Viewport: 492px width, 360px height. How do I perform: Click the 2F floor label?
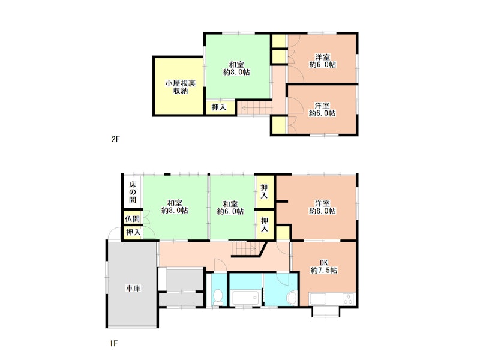tap(115, 139)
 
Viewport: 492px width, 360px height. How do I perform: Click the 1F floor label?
tap(113, 343)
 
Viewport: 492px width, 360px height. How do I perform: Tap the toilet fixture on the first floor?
tap(217, 296)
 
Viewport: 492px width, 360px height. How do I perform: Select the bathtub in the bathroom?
tap(245, 298)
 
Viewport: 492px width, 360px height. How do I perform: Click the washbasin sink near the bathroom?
tap(292, 298)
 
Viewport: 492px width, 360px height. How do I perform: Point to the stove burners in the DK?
tap(348, 299)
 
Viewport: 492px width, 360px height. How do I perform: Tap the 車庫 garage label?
tap(133, 288)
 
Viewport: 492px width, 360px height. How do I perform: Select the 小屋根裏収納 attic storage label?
tap(181, 87)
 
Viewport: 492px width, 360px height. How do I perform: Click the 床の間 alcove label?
tap(133, 191)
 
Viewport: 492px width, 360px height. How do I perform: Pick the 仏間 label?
tap(133, 218)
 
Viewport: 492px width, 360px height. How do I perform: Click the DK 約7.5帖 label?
tap(324, 266)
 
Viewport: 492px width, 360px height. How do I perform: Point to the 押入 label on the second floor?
tap(219, 107)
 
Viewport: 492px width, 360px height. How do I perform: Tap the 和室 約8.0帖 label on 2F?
tap(236, 68)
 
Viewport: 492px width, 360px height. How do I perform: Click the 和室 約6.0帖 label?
tap(230, 208)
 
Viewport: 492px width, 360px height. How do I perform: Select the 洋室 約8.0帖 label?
tap(323, 207)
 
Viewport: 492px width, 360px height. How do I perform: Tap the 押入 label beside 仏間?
tap(133, 233)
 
